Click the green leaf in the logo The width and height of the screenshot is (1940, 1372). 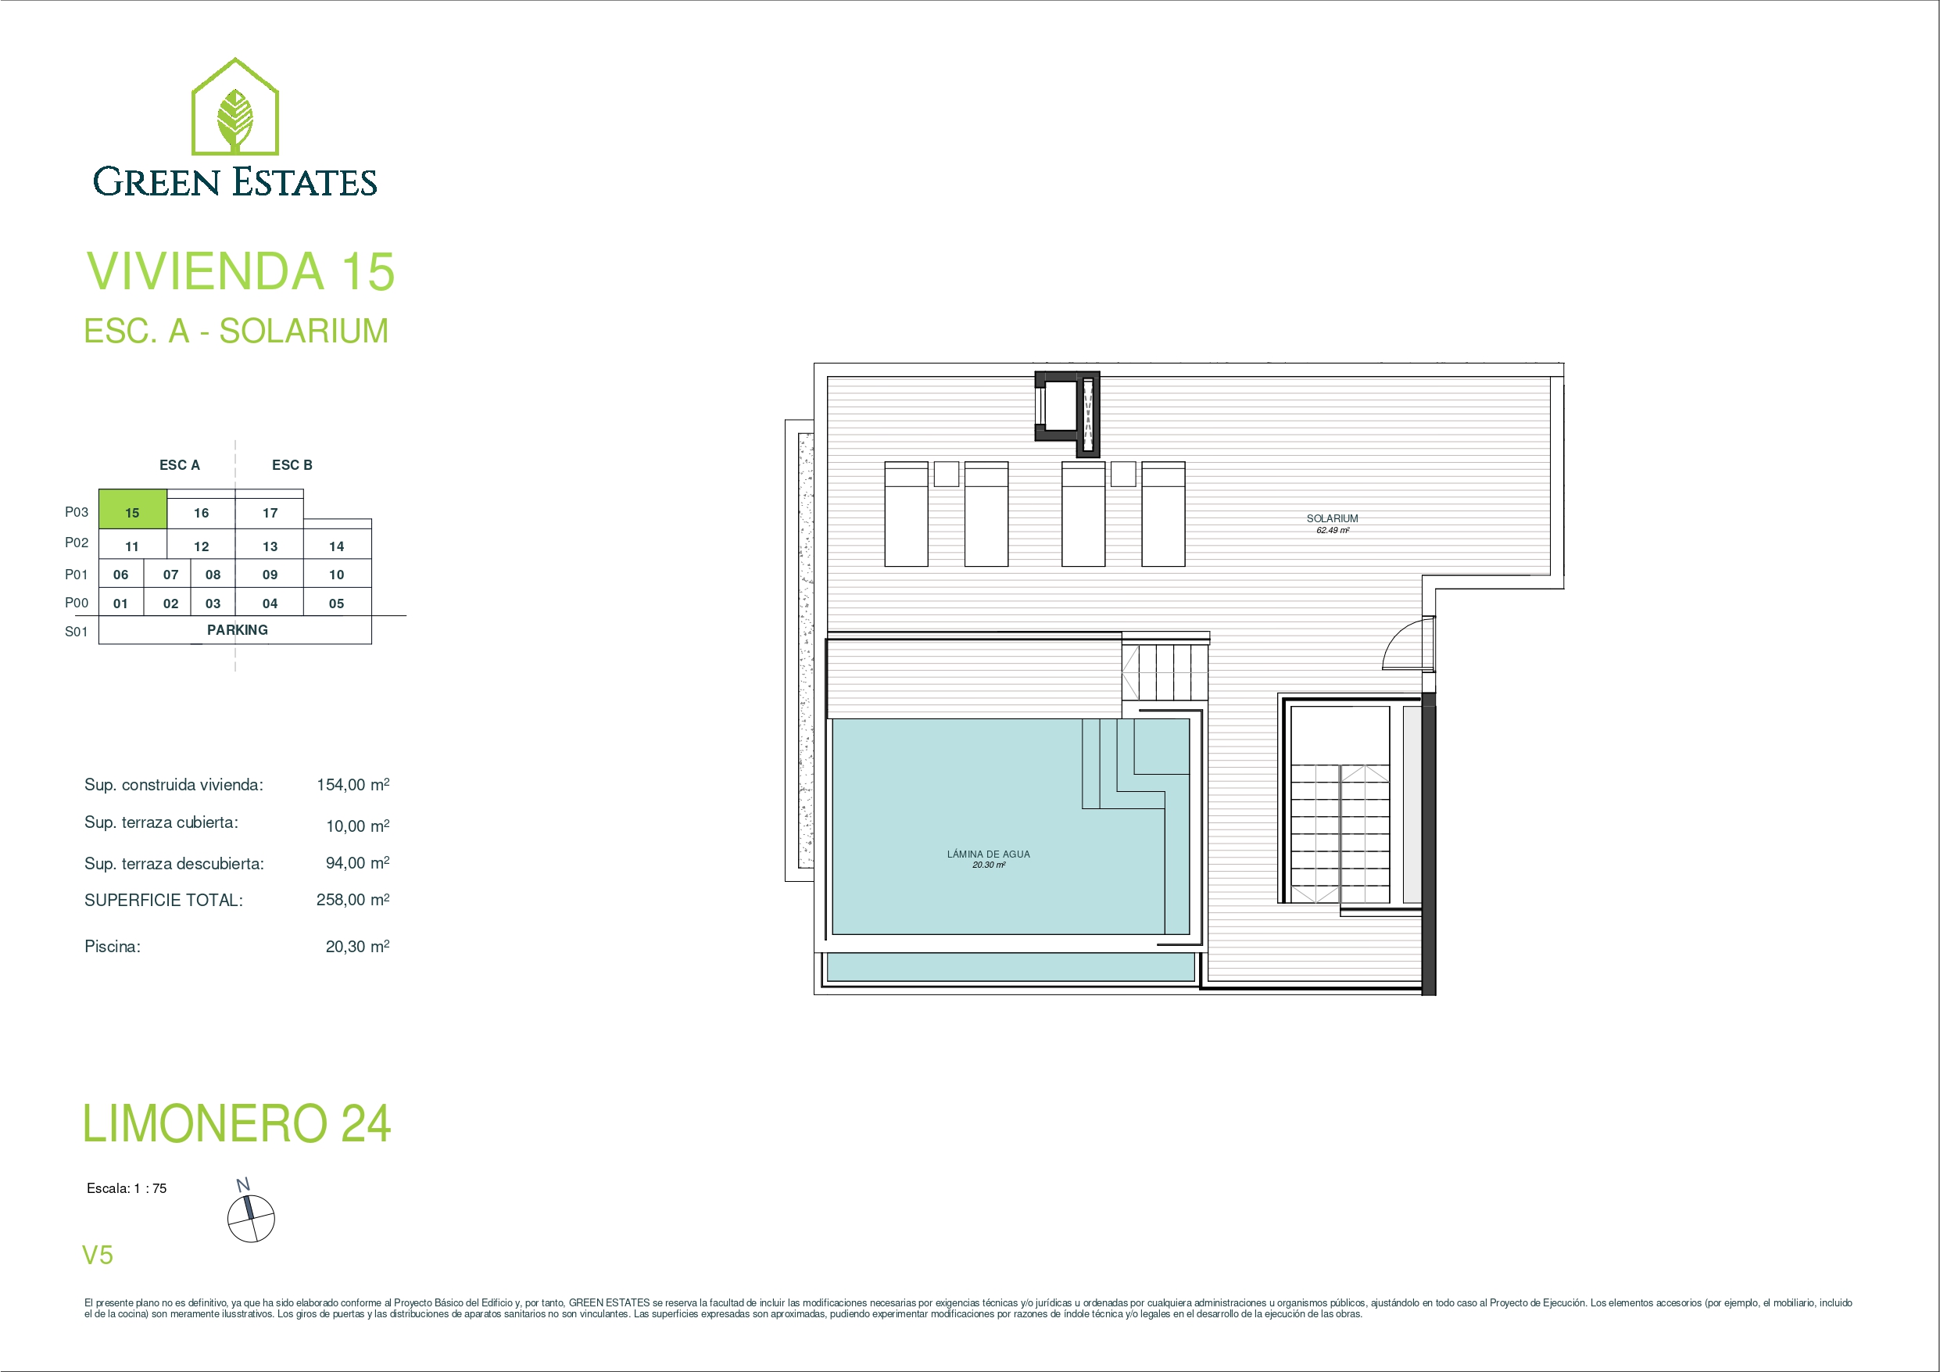235,120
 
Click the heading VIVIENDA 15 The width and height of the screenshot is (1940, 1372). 241,271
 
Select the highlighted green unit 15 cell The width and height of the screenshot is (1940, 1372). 133,510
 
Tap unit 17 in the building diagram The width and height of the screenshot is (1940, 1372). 270,513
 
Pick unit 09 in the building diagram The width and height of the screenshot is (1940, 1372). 270,575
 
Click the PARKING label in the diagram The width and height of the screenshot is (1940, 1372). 238,630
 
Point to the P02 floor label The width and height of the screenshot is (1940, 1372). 77,543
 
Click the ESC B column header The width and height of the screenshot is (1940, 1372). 292,465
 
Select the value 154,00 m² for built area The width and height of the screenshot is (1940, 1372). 353,784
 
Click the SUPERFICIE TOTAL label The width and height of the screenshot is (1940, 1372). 164,901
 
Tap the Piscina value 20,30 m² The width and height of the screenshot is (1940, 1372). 357,947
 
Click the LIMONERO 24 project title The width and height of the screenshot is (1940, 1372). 237,1123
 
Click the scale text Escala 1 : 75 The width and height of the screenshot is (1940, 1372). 127,1188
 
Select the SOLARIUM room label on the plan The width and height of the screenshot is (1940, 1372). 1333,518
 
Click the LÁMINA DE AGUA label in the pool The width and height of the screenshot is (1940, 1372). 989,854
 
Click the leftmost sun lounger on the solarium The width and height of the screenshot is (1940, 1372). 907,514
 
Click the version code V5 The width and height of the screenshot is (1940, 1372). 97,1256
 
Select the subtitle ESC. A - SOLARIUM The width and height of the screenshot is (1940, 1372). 237,331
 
